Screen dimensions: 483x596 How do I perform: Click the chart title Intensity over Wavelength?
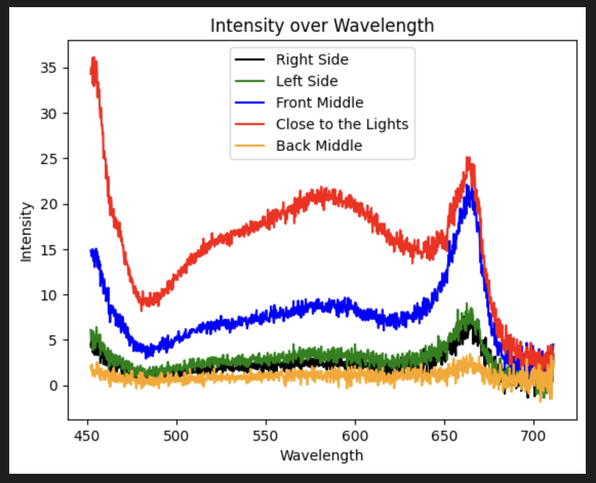(x=322, y=25)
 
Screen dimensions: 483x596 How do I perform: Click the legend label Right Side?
(x=312, y=60)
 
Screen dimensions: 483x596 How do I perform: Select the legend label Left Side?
(x=307, y=82)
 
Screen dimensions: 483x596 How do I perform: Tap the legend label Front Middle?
(x=320, y=103)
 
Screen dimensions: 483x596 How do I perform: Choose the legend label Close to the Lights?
(x=342, y=125)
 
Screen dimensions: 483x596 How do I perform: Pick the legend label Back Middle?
(x=319, y=146)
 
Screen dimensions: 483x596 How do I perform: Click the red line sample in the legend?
(x=250, y=125)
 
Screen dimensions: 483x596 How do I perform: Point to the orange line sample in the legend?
(x=250, y=146)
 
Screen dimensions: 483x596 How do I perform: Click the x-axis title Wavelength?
(x=322, y=455)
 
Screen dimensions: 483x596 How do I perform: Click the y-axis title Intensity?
(x=27, y=232)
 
